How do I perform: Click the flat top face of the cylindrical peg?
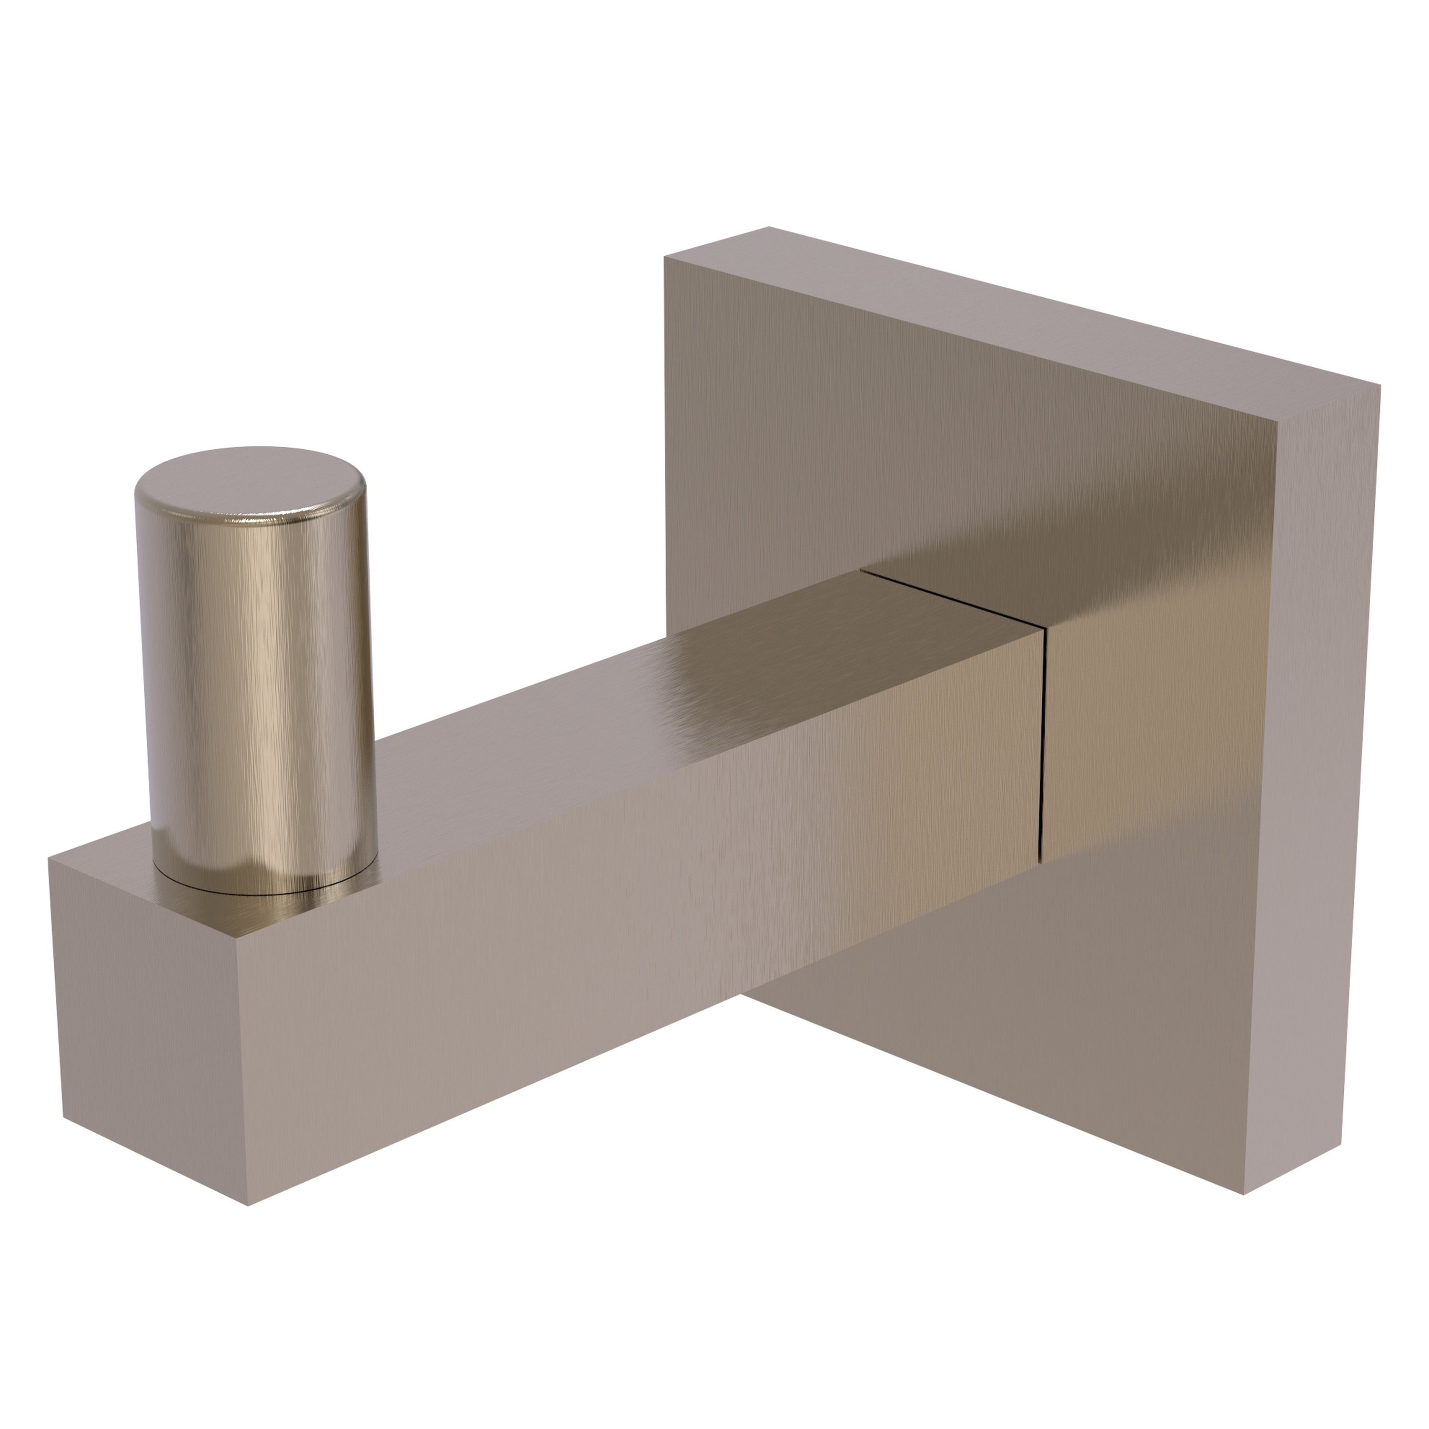coord(250,480)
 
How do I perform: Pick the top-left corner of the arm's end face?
coord(49,858)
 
